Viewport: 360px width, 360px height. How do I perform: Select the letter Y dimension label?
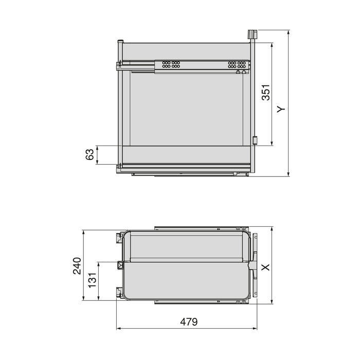(281, 109)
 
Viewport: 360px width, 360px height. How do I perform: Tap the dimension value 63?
(89, 155)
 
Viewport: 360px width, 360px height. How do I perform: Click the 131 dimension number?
(93, 281)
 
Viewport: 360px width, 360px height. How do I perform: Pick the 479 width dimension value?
(189, 322)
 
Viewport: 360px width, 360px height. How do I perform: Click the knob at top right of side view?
(251, 34)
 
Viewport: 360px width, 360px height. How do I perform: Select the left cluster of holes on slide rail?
(171, 65)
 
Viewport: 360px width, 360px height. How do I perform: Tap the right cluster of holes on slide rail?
(238, 65)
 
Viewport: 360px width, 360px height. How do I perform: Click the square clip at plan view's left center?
(120, 265)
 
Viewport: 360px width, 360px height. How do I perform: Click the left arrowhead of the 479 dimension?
(118, 327)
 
